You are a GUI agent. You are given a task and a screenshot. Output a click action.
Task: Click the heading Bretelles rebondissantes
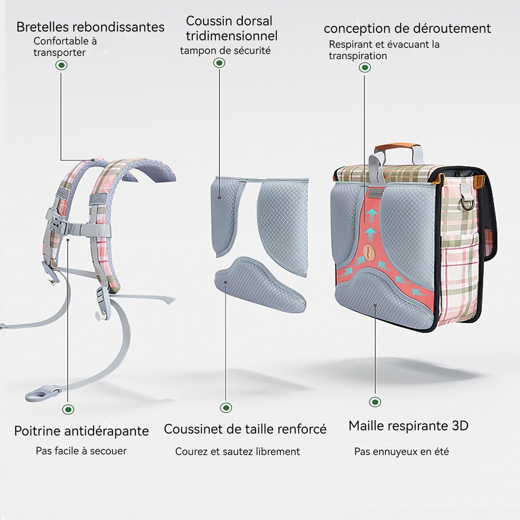click(x=90, y=27)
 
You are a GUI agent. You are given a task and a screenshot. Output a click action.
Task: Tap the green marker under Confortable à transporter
click(x=61, y=65)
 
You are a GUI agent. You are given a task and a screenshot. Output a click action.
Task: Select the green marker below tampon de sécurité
click(x=219, y=63)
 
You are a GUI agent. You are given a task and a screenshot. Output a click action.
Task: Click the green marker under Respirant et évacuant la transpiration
click(x=365, y=68)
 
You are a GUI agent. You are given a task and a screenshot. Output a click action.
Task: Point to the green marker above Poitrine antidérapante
click(x=68, y=409)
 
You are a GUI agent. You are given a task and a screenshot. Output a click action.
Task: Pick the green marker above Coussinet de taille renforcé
click(x=226, y=408)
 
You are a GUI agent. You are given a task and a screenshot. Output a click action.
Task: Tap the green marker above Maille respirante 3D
click(x=375, y=402)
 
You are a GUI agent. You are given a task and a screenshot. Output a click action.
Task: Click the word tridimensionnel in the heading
click(x=232, y=36)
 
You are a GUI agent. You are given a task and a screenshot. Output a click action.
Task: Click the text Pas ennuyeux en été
click(x=401, y=451)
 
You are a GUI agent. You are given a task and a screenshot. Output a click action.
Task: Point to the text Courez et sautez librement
click(x=238, y=451)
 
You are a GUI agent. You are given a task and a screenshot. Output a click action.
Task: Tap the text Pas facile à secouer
click(x=81, y=451)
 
